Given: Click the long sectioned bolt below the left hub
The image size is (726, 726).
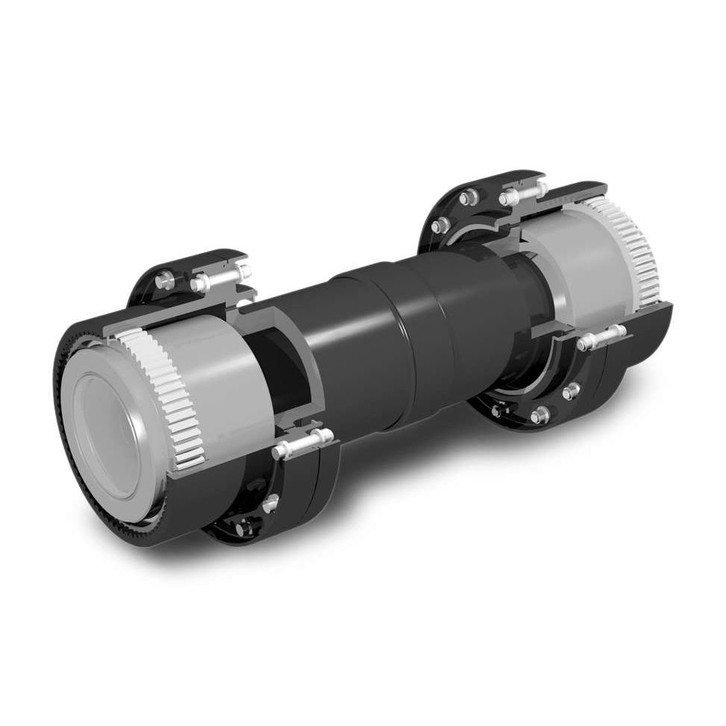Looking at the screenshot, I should point(302,443).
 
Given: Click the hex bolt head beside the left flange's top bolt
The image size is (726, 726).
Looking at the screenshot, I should point(163,281).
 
